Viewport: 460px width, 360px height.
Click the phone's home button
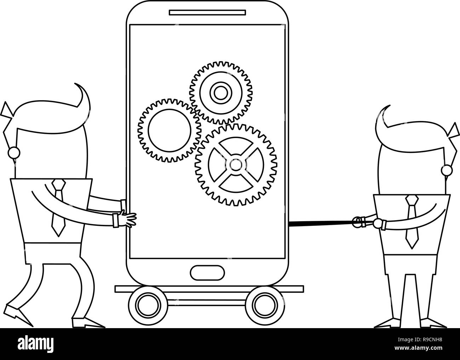click(207, 273)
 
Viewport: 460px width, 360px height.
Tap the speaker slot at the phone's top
click(207, 12)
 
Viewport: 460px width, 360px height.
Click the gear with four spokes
click(236, 165)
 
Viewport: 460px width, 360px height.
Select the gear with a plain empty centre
click(169, 131)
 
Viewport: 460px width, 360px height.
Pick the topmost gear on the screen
click(221, 93)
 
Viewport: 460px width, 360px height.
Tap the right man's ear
click(447, 170)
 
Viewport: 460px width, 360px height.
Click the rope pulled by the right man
click(322, 222)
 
